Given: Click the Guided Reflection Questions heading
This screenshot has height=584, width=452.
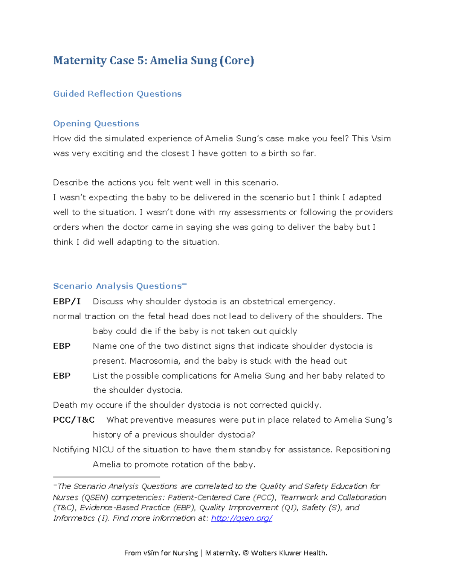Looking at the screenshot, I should coord(117,94).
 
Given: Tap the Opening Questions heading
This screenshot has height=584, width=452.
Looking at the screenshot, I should coord(96,123).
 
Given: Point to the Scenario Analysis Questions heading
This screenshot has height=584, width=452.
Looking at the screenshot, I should coord(118,286).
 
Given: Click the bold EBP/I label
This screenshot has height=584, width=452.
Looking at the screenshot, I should coord(67,301).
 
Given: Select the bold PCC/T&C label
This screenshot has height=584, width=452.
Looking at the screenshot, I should coord(74,420).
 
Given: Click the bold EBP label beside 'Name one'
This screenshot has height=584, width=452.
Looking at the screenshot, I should coord(62,346).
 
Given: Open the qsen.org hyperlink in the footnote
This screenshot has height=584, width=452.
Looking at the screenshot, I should coord(241,518).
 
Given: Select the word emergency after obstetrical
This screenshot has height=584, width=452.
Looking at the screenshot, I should coord(311,301).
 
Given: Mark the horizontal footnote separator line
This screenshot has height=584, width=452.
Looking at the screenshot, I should coord(107,477).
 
